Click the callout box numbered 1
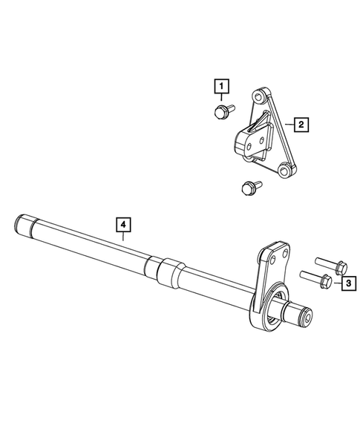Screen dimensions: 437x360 (x=220, y=88)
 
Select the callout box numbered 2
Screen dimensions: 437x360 (x=301, y=125)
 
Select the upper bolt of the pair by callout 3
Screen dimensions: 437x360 (x=328, y=264)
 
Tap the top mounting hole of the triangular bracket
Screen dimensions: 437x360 (x=259, y=97)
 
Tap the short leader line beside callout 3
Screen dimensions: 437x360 (x=336, y=283)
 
